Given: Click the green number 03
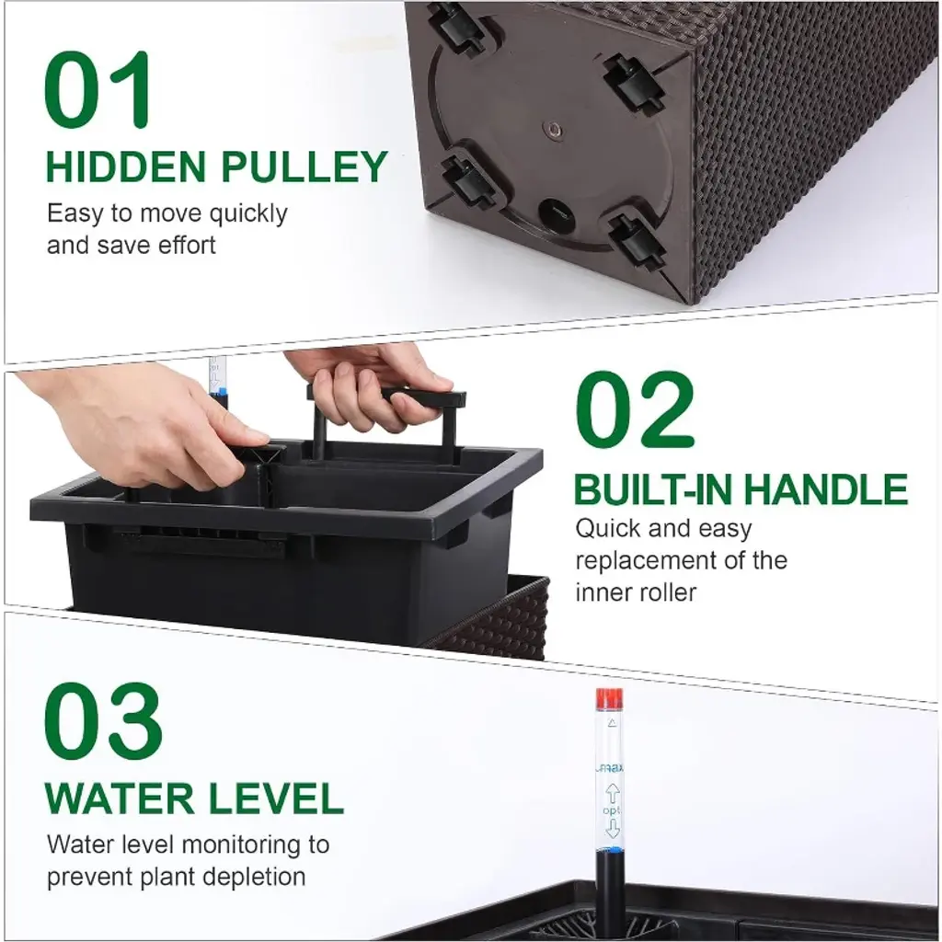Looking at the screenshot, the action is click(103, 721).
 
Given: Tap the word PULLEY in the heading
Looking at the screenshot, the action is click(304, 167).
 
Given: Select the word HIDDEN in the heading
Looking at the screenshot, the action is click(127, 167).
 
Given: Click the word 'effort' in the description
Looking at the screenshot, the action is click(186, 245).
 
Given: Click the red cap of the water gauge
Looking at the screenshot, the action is click(609, 699).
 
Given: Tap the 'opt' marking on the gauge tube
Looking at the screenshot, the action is click(612, 810).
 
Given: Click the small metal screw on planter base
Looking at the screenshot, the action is click(553, 129).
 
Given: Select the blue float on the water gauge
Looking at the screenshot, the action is click(609, 849).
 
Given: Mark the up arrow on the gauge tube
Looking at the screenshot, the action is click(612, 793).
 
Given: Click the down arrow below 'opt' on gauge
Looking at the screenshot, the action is click(612, 829).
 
